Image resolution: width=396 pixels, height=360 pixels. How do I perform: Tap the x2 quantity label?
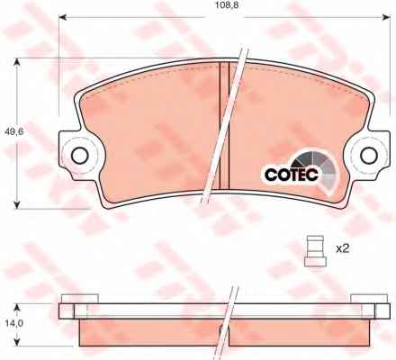(343, 248)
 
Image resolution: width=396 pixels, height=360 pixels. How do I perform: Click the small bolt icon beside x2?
(315, 251)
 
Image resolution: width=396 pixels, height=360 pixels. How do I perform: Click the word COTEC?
(292, 175)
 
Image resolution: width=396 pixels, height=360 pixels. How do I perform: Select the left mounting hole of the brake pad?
(80, 156)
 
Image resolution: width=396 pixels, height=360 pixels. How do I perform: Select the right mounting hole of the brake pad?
(369, 155)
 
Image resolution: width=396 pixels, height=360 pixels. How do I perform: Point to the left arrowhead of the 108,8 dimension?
(62, 17)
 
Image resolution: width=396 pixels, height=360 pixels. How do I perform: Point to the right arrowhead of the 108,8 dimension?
(387, 17)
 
